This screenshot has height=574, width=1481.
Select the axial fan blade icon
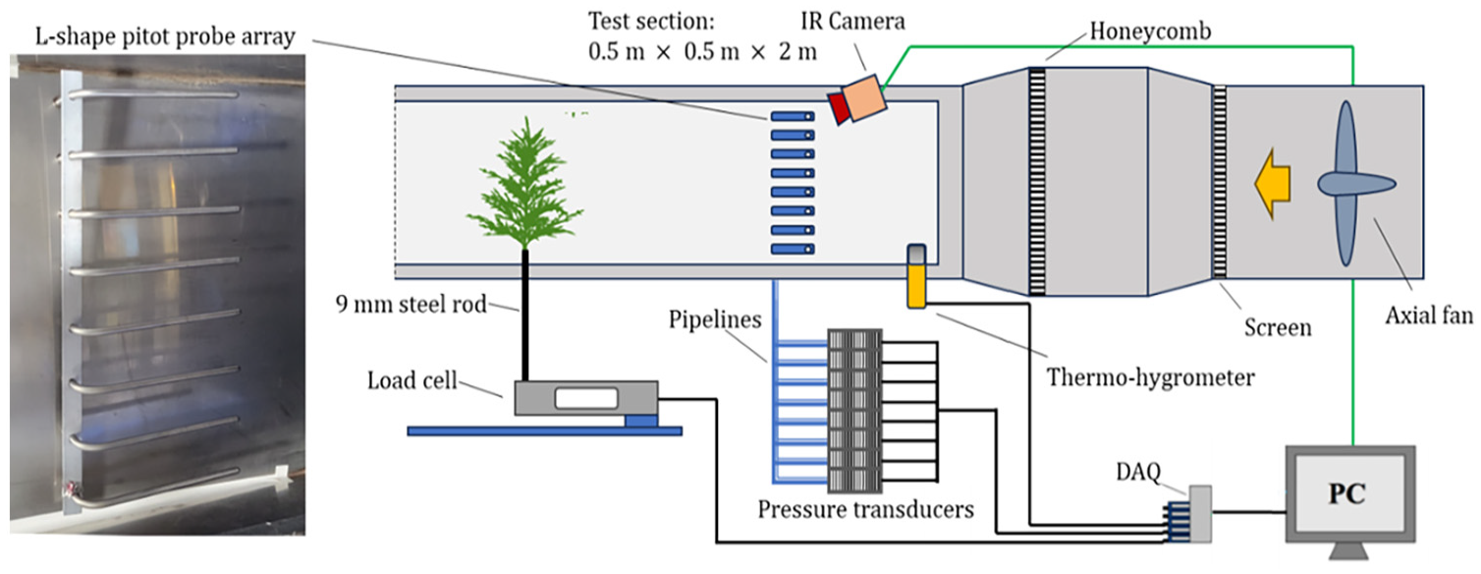(1346, 183)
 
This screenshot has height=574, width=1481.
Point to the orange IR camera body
(865, 96)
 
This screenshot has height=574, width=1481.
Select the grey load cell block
(584, 398)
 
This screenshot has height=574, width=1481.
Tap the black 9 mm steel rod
(526, 315)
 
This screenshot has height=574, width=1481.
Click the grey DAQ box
(1200, 512)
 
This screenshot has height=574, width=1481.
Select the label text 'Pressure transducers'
(865, 510)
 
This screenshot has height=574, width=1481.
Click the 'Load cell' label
(413, 380)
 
